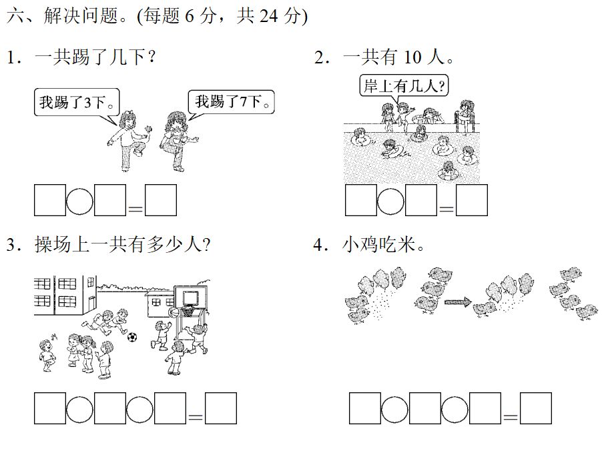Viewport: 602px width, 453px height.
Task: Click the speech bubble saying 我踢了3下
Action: point(77,102)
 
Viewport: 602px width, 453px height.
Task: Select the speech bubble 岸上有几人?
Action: point(404,85)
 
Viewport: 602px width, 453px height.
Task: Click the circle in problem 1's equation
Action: point(80,200)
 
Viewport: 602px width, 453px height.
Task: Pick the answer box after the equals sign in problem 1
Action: point(161,200)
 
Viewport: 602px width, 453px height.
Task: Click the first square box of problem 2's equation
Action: point(360,200)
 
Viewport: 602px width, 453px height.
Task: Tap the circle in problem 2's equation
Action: point(391,200)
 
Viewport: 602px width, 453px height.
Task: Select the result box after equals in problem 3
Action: point(221,408)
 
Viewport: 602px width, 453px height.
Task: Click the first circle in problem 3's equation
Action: point(80,408)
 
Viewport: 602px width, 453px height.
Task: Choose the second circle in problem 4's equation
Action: point(455,408)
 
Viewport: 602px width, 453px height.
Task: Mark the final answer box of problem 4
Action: point(536,408)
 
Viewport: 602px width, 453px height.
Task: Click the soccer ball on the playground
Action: point(132,338)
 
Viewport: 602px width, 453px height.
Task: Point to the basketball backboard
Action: point(190,296)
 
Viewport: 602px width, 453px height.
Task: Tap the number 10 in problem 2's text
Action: point(412,58)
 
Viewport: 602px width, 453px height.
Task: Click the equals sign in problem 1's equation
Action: point(135,208)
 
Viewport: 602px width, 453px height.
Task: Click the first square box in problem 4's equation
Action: point(364,408)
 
